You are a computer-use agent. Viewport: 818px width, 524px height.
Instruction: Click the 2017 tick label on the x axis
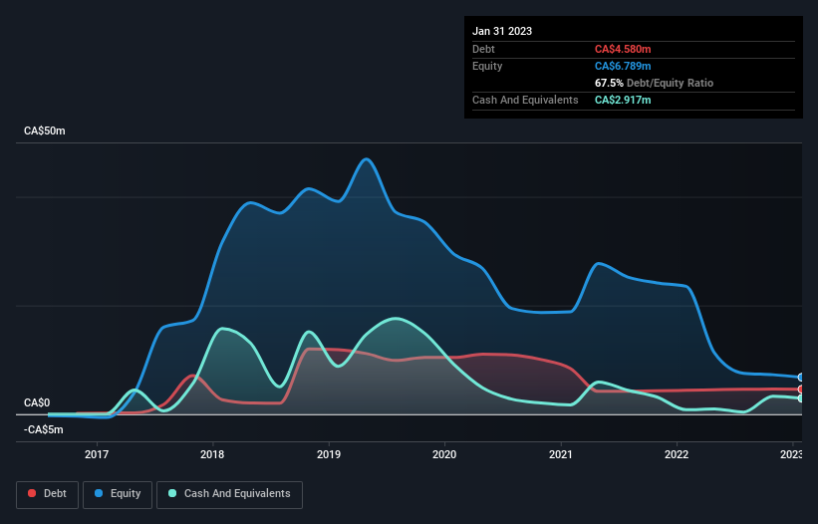point(97,455)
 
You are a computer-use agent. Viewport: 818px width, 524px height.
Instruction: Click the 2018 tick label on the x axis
point(212,455)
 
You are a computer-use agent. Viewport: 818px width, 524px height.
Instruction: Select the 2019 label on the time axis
point(329,455)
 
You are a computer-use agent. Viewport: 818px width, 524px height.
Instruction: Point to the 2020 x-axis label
point(444,455)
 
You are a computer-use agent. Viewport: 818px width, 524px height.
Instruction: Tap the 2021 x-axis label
point(561,455)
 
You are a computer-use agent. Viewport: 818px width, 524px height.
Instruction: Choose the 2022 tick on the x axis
point(677,455)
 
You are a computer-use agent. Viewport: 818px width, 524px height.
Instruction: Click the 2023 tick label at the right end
point(791,455)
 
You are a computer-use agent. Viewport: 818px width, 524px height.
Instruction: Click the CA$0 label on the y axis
point(37,402)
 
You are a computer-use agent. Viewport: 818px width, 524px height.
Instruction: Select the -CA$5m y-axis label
point(42,429)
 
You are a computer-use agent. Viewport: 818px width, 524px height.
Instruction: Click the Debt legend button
point(49,494)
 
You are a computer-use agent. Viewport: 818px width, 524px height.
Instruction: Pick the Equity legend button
point(118,494)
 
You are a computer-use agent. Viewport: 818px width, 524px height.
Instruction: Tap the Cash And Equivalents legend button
point(229,494)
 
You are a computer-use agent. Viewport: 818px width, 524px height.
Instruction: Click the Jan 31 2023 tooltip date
point(502,31)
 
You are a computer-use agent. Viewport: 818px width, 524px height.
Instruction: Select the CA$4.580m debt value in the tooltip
point(623,49)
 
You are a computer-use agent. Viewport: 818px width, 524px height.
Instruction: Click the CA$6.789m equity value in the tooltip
point(623,66)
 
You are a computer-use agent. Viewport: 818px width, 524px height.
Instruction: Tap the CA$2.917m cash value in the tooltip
point(623,100)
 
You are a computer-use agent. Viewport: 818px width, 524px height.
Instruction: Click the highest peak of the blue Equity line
point(367,159)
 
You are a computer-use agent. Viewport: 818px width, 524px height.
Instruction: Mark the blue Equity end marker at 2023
point(800,378)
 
